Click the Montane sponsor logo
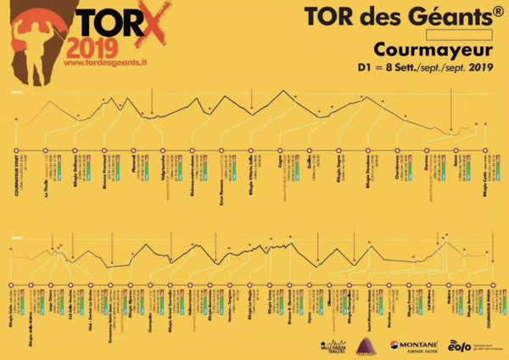click(x=414, y=346)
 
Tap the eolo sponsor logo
click(x=460, y=346)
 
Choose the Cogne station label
click(x=280, y=177)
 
